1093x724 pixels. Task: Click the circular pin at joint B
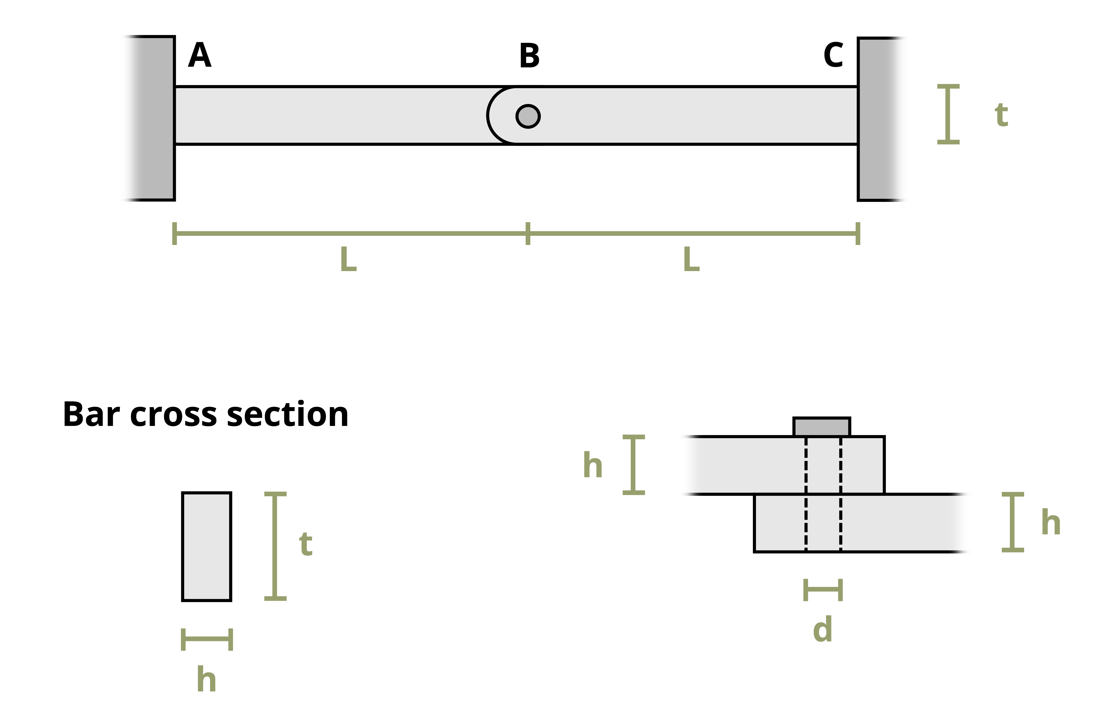528,116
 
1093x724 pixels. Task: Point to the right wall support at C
877,119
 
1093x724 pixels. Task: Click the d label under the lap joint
822,629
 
